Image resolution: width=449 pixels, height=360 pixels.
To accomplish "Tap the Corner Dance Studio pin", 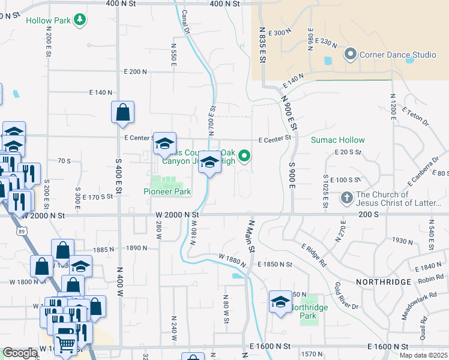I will click(351, 55).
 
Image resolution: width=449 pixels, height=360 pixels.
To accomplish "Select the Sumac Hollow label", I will click(337, 140).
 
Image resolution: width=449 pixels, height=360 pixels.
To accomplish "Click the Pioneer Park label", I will click(167, 192).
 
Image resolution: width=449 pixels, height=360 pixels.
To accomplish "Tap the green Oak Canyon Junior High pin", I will click(244, 157).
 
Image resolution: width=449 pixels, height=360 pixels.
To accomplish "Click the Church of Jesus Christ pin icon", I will click(347, 197).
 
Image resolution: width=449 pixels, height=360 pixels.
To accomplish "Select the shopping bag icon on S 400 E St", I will click(122, 112).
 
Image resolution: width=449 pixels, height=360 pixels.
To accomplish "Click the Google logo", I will click(20, 353).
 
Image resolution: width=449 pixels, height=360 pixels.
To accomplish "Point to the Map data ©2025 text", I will click(423, 355).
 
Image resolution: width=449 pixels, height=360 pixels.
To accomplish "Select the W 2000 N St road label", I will click(176, 214).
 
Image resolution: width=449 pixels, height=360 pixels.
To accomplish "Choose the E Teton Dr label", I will click(417, 118).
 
